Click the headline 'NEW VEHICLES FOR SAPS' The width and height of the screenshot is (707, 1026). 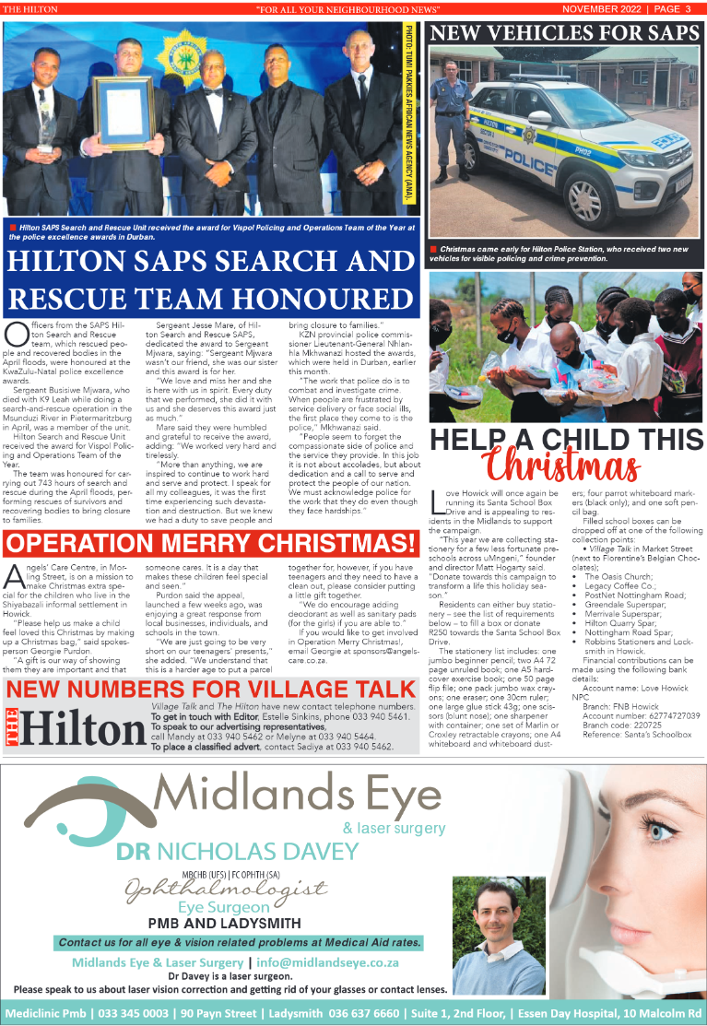tap(564, 34)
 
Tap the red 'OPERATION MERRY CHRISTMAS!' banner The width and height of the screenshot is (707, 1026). tap(211, 542)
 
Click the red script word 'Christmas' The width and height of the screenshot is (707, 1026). tap(564, 465)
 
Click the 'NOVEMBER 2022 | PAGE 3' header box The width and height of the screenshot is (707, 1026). tap(632, 9)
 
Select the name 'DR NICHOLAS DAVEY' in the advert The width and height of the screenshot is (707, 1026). tap(237, 850)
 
